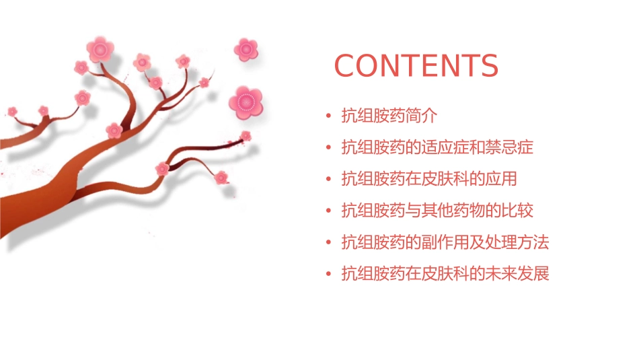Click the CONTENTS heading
[x=416, y=66]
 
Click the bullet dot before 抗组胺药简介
[x=328, y=116]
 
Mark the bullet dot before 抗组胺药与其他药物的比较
[x=328, y=211]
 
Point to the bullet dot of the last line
[x=328, y=275]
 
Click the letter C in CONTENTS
[x=346, y=66]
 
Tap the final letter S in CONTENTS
[x=488, y=66]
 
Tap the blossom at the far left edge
[x=12, y=111]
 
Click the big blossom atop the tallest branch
[x=100, y=49]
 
